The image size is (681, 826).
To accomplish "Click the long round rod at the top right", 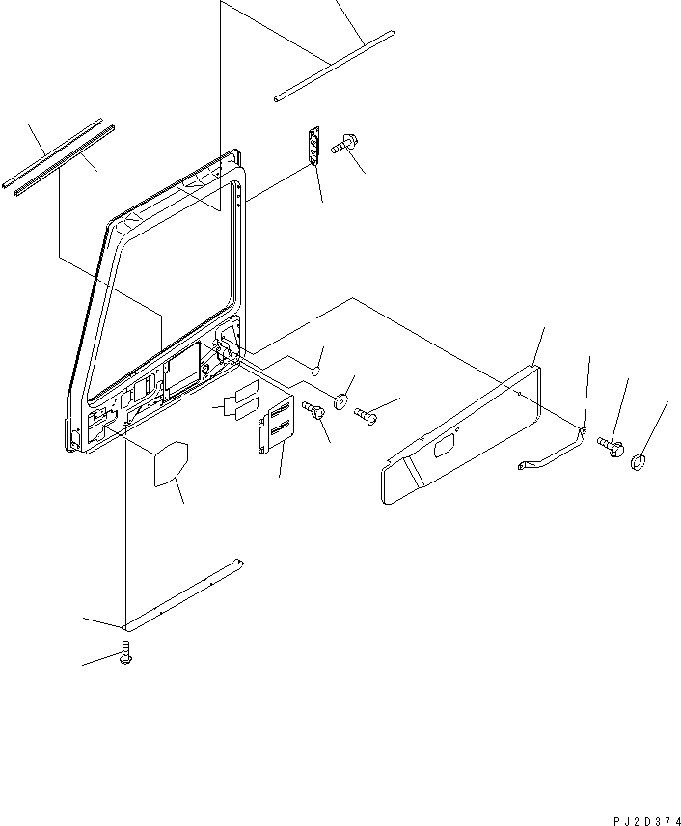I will point(333,66).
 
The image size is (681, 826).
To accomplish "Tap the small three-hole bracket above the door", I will point(313,145).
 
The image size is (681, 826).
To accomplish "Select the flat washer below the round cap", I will point(342,400).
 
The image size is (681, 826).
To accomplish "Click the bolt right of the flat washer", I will point(366,415).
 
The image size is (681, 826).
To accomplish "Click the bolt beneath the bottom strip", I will point(124,654).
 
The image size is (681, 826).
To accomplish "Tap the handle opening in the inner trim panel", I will point(448,446).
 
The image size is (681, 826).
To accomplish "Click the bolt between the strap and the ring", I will point(612,445).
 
